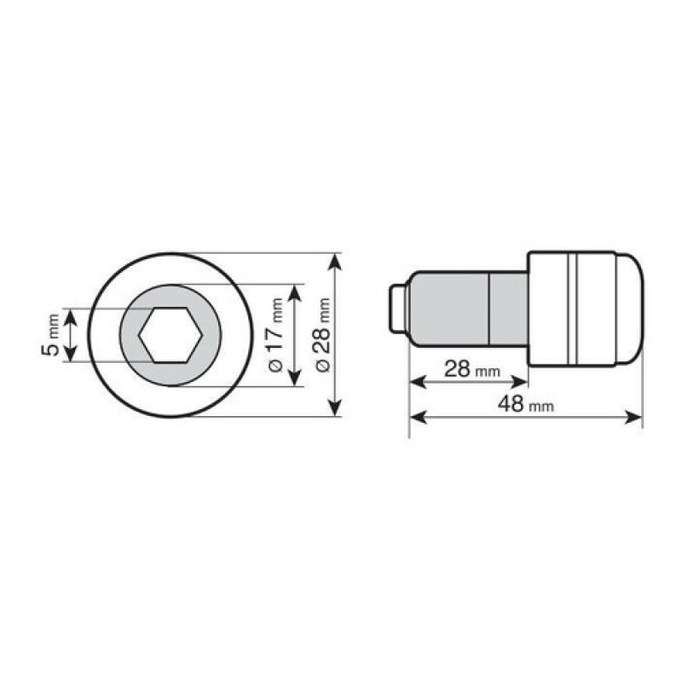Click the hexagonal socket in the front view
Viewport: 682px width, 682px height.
point(170,335)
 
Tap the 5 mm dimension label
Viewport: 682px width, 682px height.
point(51,334)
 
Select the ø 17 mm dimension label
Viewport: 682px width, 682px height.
point(275,335)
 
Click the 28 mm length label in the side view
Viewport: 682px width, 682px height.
point(472,370)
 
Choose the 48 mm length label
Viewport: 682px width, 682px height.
point(526,404)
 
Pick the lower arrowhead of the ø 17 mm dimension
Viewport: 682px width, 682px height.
point(294,377)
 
